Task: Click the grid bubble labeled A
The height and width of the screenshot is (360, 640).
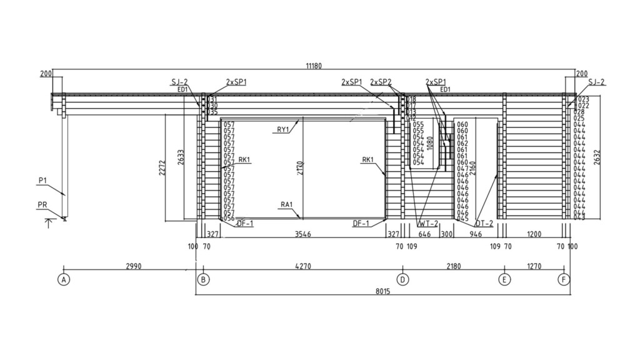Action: [63, 279]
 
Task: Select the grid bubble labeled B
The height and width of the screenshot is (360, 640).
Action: [203, 279]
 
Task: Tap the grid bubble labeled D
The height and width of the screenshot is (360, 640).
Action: [403, 279]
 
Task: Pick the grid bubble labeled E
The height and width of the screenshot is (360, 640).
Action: [504, 279]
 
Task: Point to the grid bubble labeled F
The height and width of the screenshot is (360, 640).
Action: [564, 279]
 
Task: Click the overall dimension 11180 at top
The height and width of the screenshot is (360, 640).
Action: [314, 66]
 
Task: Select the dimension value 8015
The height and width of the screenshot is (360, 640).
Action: [382, 291]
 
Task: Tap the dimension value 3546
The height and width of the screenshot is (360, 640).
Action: [302, 234]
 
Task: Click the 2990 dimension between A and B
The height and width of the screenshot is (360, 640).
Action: [133, 266]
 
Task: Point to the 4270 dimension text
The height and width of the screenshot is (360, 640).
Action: [302, 266]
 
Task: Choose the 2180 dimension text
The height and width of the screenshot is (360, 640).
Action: [453, 266]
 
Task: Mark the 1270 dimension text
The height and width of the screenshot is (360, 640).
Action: [534, 266]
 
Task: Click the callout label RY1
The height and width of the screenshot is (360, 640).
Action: [283, 129]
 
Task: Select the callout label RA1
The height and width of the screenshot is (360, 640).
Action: [287, 204]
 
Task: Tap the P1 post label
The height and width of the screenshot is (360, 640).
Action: [42, 180]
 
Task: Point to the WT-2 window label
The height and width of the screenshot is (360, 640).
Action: [428, 223]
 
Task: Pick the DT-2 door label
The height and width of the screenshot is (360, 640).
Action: [484, 223]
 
